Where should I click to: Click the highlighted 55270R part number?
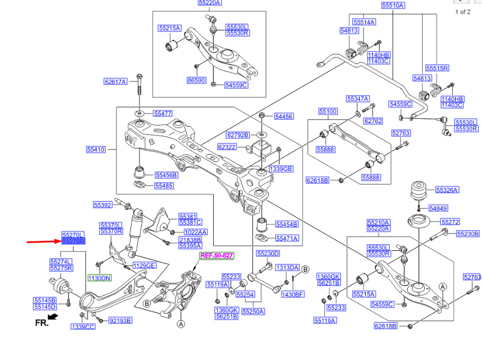click(73, 241)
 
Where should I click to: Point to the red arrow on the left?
click(42, 242)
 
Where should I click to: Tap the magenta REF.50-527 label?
click(217, 255)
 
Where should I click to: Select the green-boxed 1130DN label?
click(98, 278)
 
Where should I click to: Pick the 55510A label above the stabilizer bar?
click(393, 5)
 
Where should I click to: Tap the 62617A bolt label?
click(115, 82)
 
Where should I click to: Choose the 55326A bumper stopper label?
click(447, 190)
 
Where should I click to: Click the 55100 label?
click(328, 111)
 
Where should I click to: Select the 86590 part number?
click(196, 80)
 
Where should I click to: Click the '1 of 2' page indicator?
click(462, 12)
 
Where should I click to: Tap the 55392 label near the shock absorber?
click(103, 205)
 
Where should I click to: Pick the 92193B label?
click(120, 321)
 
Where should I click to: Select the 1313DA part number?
click(287, 268)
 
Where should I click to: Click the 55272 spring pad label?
click(450, 222)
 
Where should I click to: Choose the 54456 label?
click(283, 116)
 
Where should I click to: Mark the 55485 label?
click(164, 186)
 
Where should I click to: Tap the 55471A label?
click(287, 238)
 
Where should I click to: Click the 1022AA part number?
click(195, 232)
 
